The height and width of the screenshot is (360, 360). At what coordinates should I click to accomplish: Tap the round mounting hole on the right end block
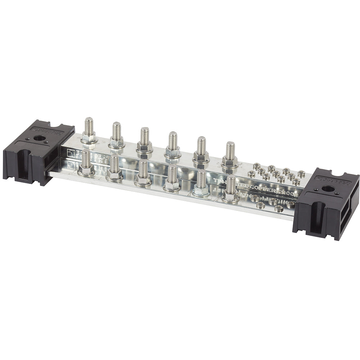click(328, 188)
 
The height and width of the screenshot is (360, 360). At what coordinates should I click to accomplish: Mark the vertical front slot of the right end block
click(312, 217)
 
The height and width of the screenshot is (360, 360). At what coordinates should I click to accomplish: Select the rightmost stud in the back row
click(230, 151)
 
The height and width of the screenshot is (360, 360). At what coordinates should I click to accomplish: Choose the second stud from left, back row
click(116, 131)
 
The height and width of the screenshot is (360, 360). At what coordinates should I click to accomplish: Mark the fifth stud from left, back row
click(201, 146)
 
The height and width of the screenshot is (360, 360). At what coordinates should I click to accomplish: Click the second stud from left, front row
click(114, 165)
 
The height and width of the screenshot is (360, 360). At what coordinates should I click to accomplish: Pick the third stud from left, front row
click(143, 169)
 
